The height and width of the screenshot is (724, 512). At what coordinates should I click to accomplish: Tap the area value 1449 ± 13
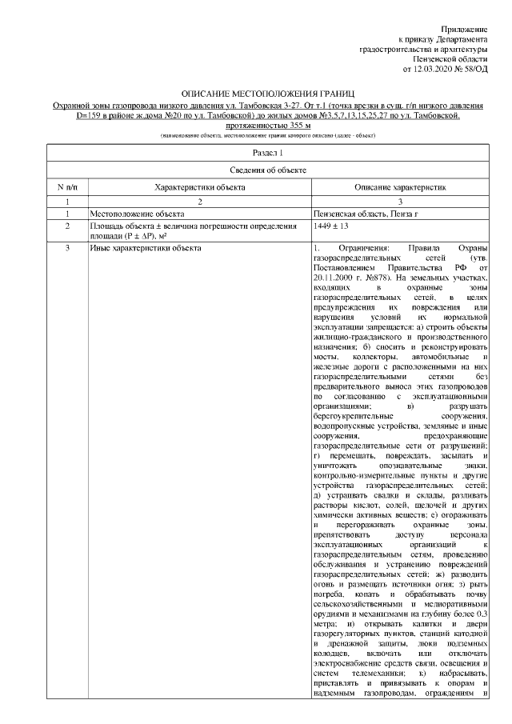click(334, 227)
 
